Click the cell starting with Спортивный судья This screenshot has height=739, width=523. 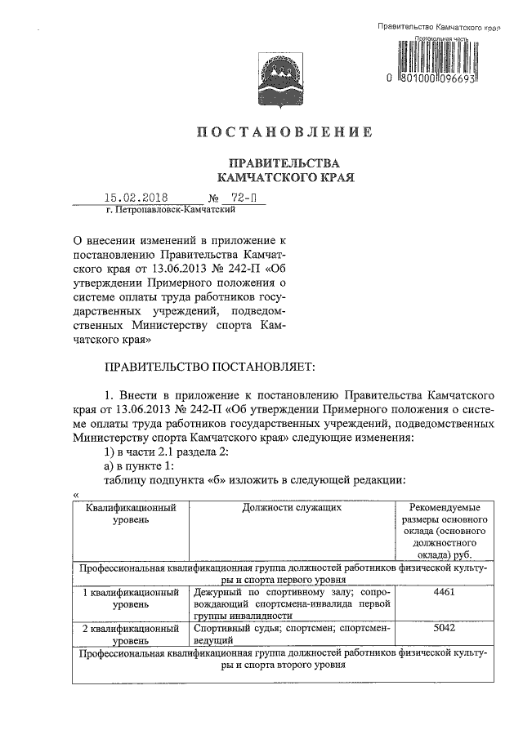(x=292, y=635)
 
